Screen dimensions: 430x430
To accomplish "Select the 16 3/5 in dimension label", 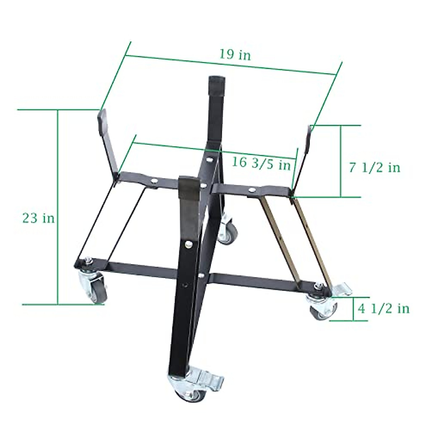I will point(261,163).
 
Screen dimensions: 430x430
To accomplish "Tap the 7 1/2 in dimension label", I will point(374,167).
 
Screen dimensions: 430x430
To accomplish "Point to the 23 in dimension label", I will point(38,218).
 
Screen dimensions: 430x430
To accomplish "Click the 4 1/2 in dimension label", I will point(383,308).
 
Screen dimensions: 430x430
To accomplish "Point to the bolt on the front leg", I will point(187,244).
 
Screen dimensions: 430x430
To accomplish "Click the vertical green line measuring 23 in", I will point(57,208).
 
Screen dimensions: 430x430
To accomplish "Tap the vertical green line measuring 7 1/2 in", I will point(340,161).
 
